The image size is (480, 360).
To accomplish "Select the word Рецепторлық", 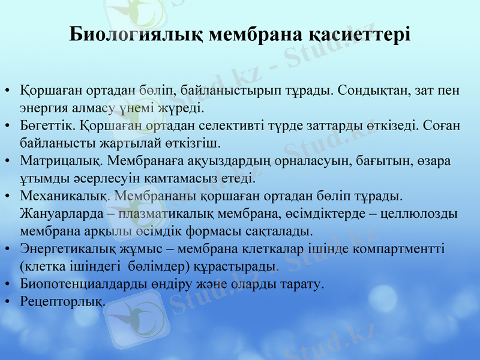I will [x=62, y=301].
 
